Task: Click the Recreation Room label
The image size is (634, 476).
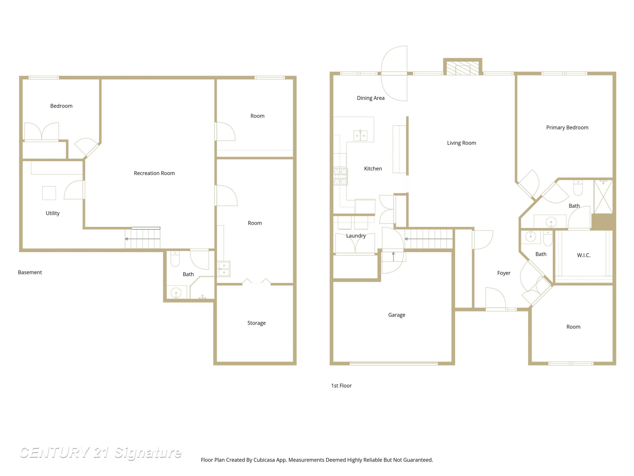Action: pos(154,173)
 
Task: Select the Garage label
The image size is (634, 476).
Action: pos(397,315)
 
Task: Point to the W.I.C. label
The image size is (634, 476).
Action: pos(583,255)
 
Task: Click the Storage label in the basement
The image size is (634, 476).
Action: pos(257,323)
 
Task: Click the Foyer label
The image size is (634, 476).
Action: pos(504,273)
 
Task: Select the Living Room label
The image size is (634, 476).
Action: pos(462,143)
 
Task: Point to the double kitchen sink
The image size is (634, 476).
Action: pos(360,135)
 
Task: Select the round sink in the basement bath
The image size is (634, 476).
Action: pos(176,293)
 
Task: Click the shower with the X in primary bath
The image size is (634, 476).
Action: pos(603,197)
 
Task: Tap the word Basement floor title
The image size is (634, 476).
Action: pos(30,272)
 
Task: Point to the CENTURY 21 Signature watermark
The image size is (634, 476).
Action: pos(100,453)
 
